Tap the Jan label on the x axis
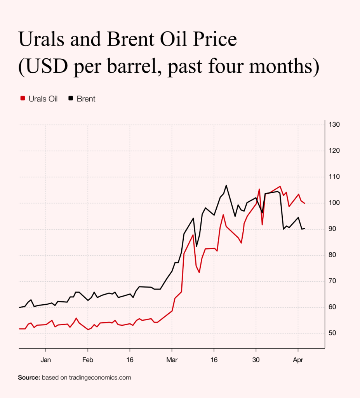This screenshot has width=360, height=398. tap(46, 360)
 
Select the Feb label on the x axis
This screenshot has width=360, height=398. tap(88, 360)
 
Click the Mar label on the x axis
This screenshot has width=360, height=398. tap(172, 360)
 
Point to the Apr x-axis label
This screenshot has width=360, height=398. tap(298, 360)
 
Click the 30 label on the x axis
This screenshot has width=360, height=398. tap(256, 360)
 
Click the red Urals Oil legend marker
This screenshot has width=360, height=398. tap(23, 99)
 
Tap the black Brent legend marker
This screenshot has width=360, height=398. tap(71, 99)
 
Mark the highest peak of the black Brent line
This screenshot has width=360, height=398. tap(226, 185)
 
